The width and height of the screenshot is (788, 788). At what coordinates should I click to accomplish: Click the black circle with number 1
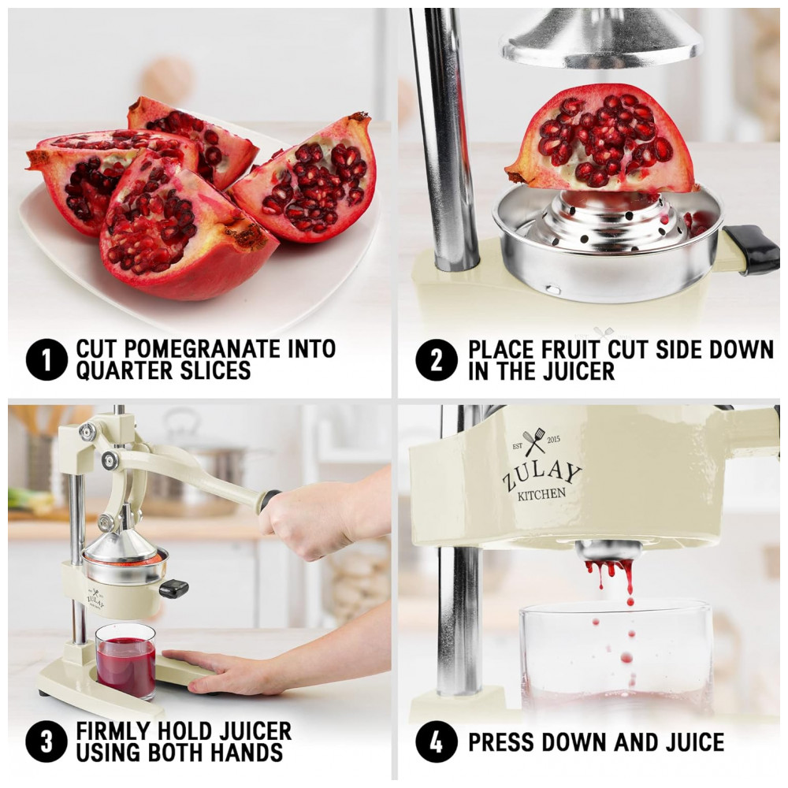(x=46, y=359)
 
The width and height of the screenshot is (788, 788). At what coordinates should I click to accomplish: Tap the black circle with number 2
(x=437, y=360)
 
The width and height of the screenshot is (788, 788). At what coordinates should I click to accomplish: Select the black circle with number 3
(x=46, y=742)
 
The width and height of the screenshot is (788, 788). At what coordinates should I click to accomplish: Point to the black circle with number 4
(x=437, y=742)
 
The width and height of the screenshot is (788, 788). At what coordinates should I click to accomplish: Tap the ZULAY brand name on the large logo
(x=542, y=474)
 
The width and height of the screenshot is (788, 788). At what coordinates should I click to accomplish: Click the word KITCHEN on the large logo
(x=541, y=494)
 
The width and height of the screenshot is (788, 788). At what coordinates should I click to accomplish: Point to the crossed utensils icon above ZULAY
(x=533, y=440)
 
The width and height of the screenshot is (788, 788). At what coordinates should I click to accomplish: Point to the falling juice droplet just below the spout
(x=630, y=601)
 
